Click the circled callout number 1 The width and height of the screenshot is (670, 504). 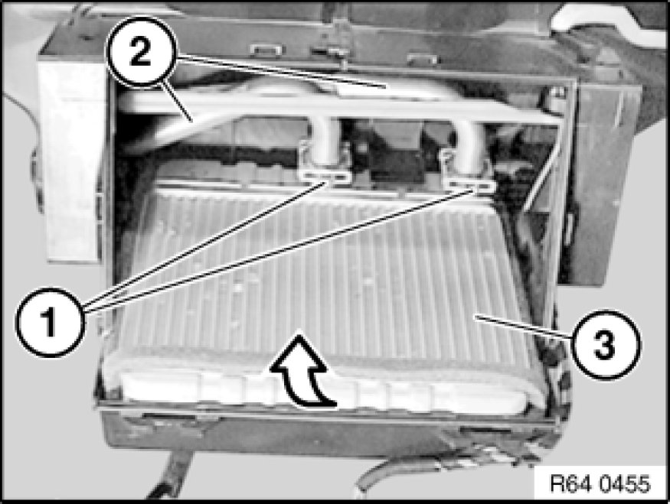point(50,322)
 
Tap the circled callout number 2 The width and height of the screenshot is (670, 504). point(141,53)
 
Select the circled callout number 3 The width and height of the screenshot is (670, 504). point(605,345)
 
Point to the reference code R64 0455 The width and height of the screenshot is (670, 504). point(600,484)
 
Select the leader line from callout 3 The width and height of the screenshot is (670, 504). point(524,327)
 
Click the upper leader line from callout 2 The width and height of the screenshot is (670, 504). point(282,72)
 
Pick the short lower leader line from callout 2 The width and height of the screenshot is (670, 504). point(176,102)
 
